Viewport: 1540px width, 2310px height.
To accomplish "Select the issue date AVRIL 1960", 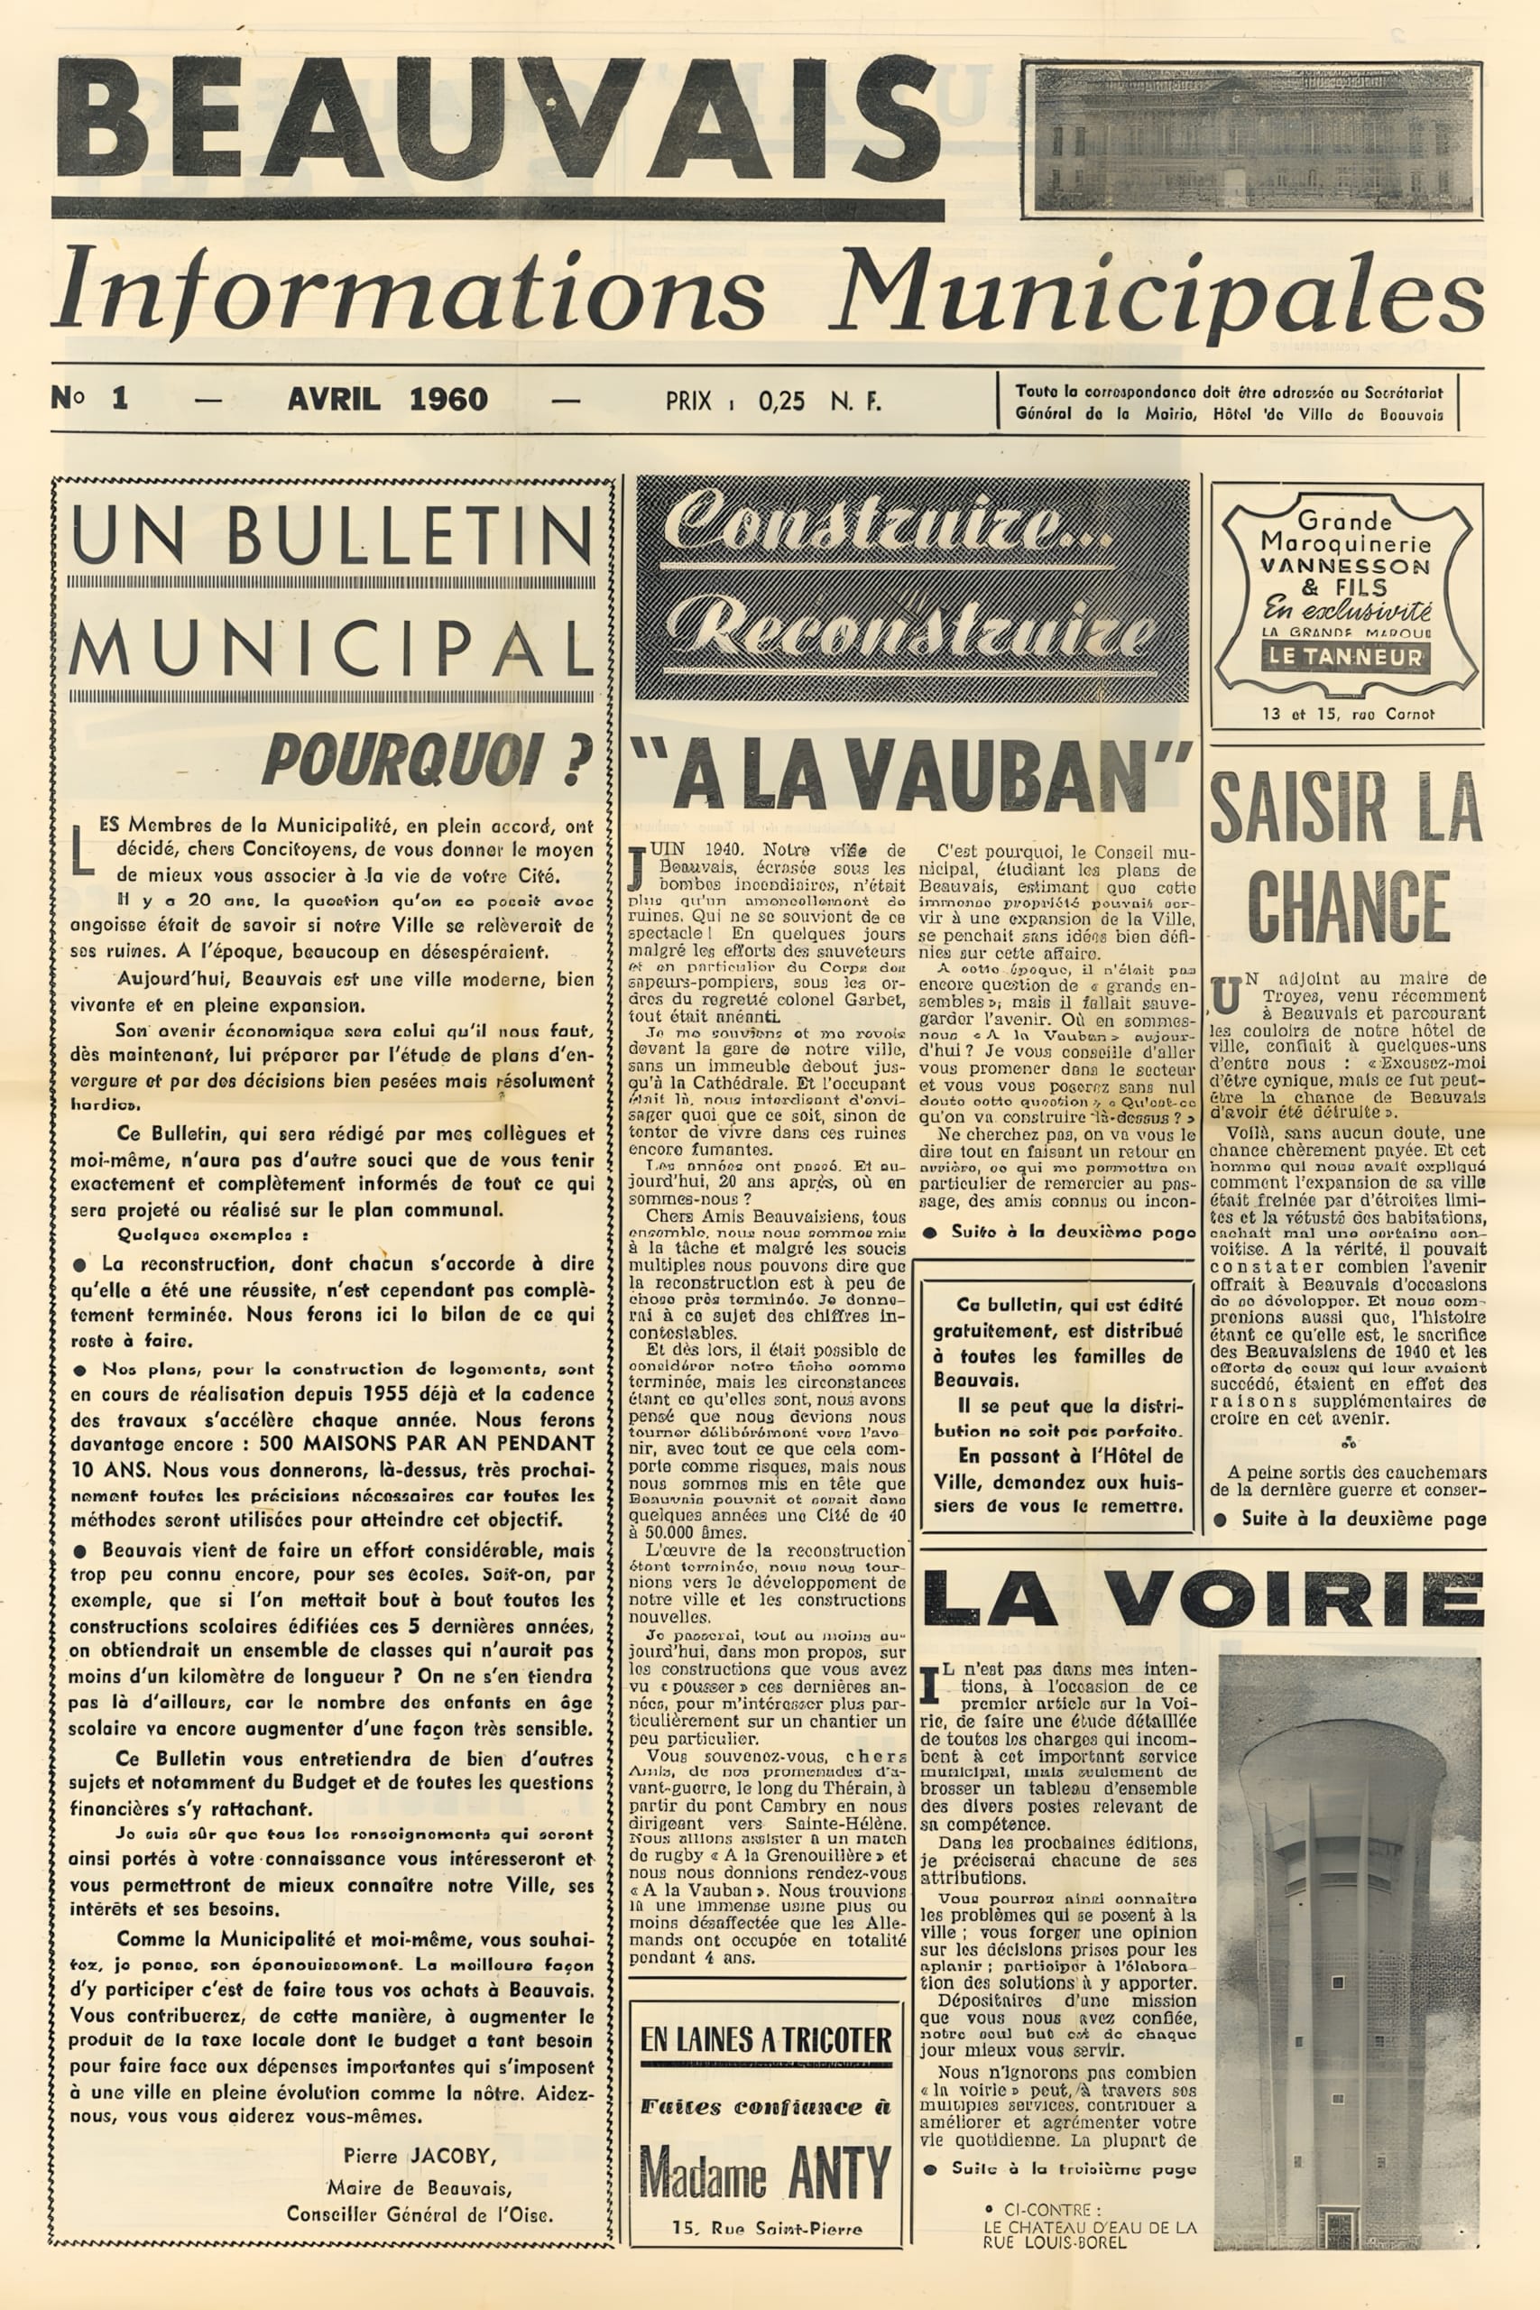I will tap(387, 400).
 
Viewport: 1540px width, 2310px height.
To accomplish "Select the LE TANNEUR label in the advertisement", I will tap(1344, 657).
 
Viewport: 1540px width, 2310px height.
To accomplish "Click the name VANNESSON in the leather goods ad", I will tap(1345, 566).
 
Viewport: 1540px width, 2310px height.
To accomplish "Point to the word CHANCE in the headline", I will tap(1349, 907).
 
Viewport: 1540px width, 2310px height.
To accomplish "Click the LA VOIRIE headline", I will tap(1203, 1599).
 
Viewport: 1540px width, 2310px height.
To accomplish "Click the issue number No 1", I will tap(90, 399).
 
